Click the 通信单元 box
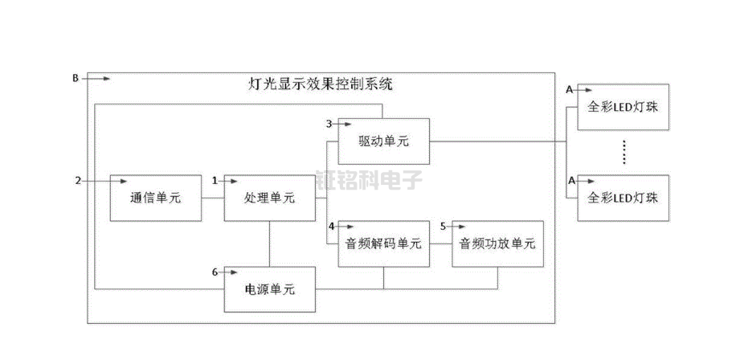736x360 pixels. pyautogui.click(x=155, y=198)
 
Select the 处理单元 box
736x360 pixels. pyautogui.click(x=269, y=198)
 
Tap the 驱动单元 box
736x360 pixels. pyautogui.click(x=383, y=141)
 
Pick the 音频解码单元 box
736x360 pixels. pyautogui.click(x=383, y=243)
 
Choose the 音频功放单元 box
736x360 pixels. pyautogui.click(x=497, y=243)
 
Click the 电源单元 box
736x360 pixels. pyautogui.click(x=269, y=289)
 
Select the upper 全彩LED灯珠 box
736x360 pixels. pyautogui.click(x=624, y=107)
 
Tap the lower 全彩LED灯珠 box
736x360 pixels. pyautogui.click(x=624, y=198)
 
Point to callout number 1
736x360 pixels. pyautogui.click(x=215, y=181)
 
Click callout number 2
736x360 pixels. pyautogui.click(x=78, y=181)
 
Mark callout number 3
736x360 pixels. pyautogui.click(x=329, y=124)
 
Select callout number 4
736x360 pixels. pyautogui.click(x=330, y=226)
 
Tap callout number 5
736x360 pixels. pyautogui.click(x=443, y=226)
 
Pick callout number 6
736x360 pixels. pyautogui.click(x=215, y=272)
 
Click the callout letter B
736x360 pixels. pyautogui.click(x=76, y=78)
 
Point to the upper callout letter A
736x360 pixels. pyautogui.click(x=570, y=90)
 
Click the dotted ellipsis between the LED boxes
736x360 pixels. pyautogui.click(x=624, y=152)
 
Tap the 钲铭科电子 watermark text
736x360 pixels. pyautogui.click(x=369, y=178)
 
